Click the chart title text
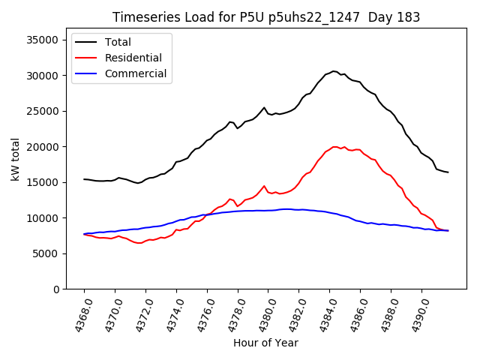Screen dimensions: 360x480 click(266, 17)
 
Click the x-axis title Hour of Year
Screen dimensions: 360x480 click(265, 343)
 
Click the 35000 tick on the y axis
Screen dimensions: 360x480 click(42, 40)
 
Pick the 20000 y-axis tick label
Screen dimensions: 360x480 click(42, 147)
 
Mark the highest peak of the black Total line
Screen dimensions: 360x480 click(334, 71)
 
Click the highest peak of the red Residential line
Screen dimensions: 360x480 click(334, 146)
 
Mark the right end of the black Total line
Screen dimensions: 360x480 click(448, 172)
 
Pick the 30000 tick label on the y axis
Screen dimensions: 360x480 click(42, 76)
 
